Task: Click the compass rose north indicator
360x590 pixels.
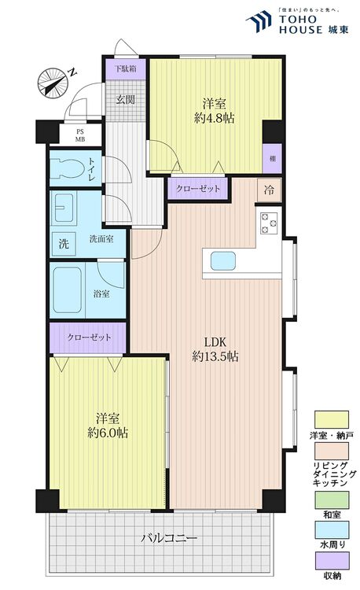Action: pyautogui.click(x=53, y=83)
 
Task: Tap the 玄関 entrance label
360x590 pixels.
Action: pyautogui.click(x=126, y=100)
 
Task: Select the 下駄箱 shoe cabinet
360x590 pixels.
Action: pyautogui.click(x=126, y=69)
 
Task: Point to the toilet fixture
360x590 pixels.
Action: pyautogui.click(x=69, y=168)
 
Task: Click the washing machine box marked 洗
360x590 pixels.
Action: pyautogui.click(x=64, y=244)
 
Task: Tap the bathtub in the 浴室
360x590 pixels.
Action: pyautogui.click(x=67, y=289)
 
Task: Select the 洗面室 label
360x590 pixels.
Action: pyautogui.click(x=101, y=238)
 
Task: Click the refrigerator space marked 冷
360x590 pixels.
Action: pyautogui.click(x=269, y=190)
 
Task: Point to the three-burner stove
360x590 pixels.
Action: pyautogui.click(x=269, y=223)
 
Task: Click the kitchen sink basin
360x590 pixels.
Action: pyautogui.click(x=223, y=261)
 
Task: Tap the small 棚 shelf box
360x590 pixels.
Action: pyautogui.click(x=273, y=158)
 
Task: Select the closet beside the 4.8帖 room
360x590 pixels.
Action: pyautogui.click(x=197, y=188)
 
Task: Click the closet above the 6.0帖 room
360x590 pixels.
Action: pyautogui.click(x=89, y=337)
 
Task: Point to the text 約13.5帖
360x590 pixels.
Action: pyautogui.click(x=215, y=356)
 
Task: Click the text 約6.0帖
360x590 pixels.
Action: pyautogui.click(x=108, y=433)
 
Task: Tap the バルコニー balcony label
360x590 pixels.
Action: pyautogui.click(x=169, y=538)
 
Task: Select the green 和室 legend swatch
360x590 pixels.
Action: pyautogui.click(x=332, y=500)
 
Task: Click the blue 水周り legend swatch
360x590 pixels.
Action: pyautogui.click(x=332, y=530)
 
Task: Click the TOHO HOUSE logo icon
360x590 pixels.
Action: pyautogui.click(x=259, y=21)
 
